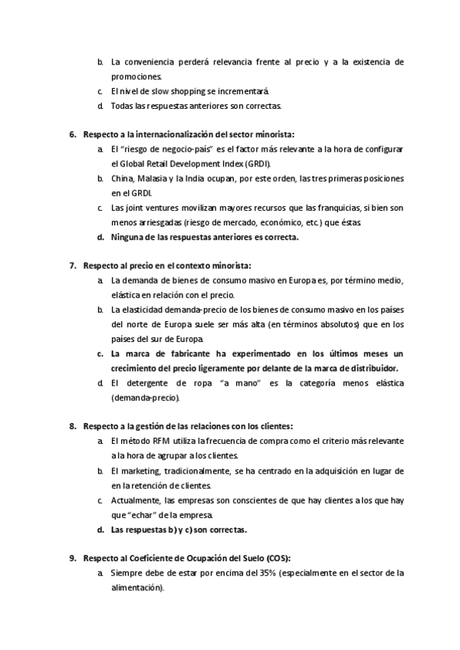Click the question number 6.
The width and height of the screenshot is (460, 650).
click(x=72, y=134)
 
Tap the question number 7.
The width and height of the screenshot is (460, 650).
click(x=72, y=266)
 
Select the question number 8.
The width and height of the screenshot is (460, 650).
click(x=72, y=426)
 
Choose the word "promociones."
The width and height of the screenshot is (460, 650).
click(x=136, y=77)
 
